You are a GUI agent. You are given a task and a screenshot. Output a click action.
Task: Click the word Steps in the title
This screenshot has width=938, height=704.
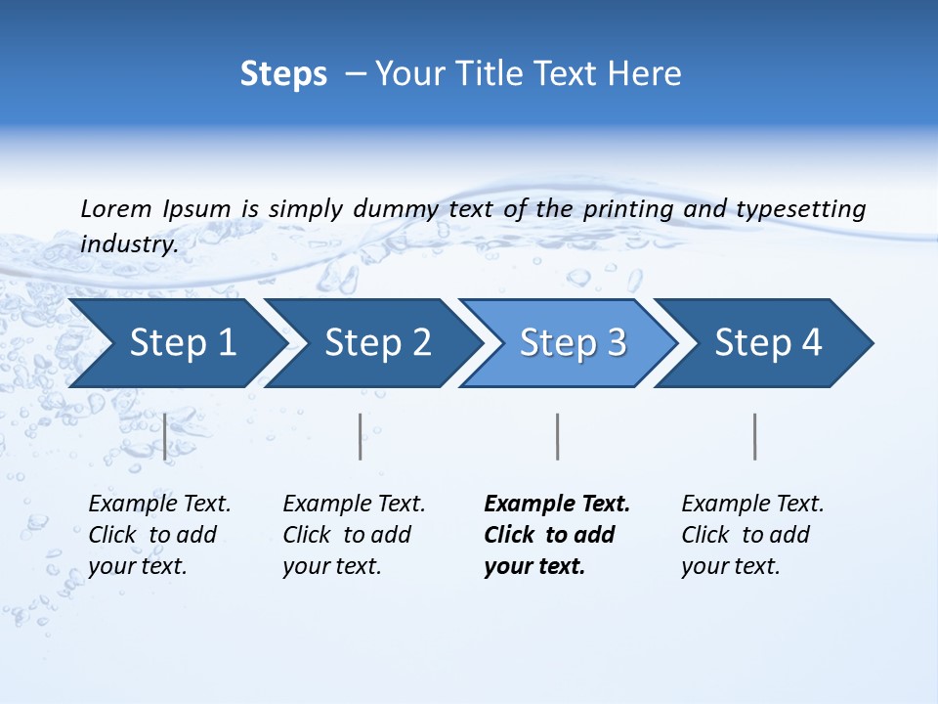[x=283, y=74]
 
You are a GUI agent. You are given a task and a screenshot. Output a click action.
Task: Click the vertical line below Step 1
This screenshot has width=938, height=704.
[x=165, y=436]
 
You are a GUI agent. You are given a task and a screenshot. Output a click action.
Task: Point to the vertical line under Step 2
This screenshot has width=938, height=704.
[x=361, y=436]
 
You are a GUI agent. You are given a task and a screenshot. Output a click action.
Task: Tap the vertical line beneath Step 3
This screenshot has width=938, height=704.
[x=558, y=436]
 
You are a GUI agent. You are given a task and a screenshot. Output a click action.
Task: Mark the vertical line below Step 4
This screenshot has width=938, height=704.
[x=755, y=436]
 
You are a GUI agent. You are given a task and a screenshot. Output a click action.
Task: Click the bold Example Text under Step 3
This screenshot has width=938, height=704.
[x=557, y=535]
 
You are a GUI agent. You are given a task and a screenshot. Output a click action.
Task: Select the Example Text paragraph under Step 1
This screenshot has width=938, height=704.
[x=159, y=535]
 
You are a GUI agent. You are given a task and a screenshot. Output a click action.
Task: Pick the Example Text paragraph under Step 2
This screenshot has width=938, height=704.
[x=354, y=535]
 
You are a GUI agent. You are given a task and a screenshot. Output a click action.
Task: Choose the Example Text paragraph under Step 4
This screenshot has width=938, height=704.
[x=752, y=535]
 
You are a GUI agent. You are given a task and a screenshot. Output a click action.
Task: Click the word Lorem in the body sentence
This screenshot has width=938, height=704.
[x=115, y=208]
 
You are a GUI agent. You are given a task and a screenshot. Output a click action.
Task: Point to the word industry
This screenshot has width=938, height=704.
[x=129, y=243]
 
